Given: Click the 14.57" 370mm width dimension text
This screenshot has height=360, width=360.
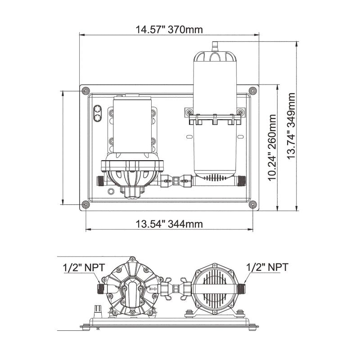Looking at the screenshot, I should (169, 30).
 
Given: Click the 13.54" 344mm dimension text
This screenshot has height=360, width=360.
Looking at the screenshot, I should (169, 224).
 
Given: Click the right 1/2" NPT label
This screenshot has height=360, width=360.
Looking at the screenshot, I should (267, 267).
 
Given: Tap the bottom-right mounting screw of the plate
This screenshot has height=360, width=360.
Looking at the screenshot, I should (252, 205).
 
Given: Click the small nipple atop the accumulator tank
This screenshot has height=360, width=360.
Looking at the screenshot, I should (215, 45).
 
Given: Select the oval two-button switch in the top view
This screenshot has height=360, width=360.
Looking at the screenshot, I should (98, 114).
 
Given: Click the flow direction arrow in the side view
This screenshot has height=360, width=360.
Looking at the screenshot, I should (153, 289).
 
